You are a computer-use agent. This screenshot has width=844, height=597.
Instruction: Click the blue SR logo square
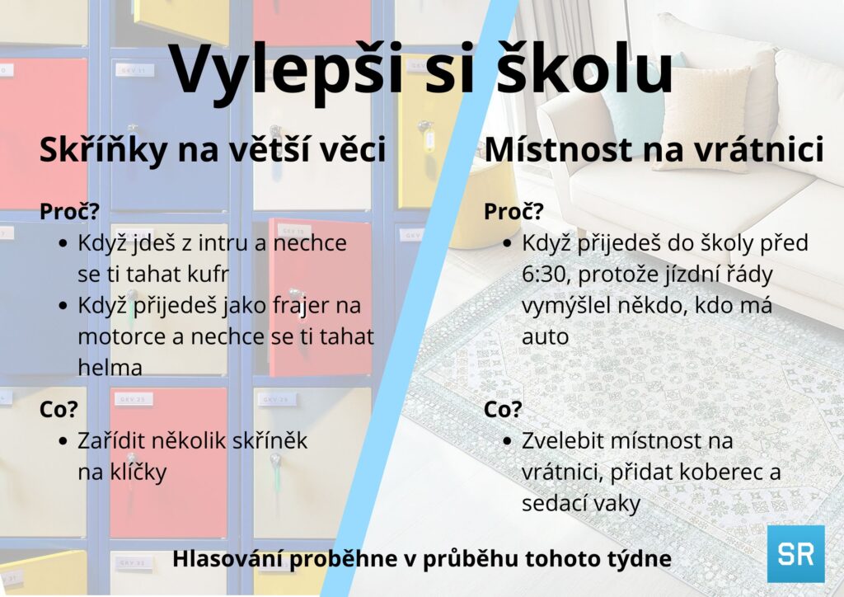795,553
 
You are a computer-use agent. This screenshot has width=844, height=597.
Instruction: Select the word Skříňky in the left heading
103,150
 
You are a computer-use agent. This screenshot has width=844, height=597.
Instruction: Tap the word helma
110,369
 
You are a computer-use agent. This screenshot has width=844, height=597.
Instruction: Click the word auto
546,337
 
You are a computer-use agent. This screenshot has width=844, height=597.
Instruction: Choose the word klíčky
138,472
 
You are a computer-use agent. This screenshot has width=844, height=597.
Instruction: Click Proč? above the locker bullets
69,212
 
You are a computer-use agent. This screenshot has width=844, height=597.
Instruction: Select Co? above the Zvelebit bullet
503,410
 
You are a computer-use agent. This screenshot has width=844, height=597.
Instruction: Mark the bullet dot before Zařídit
63,442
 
